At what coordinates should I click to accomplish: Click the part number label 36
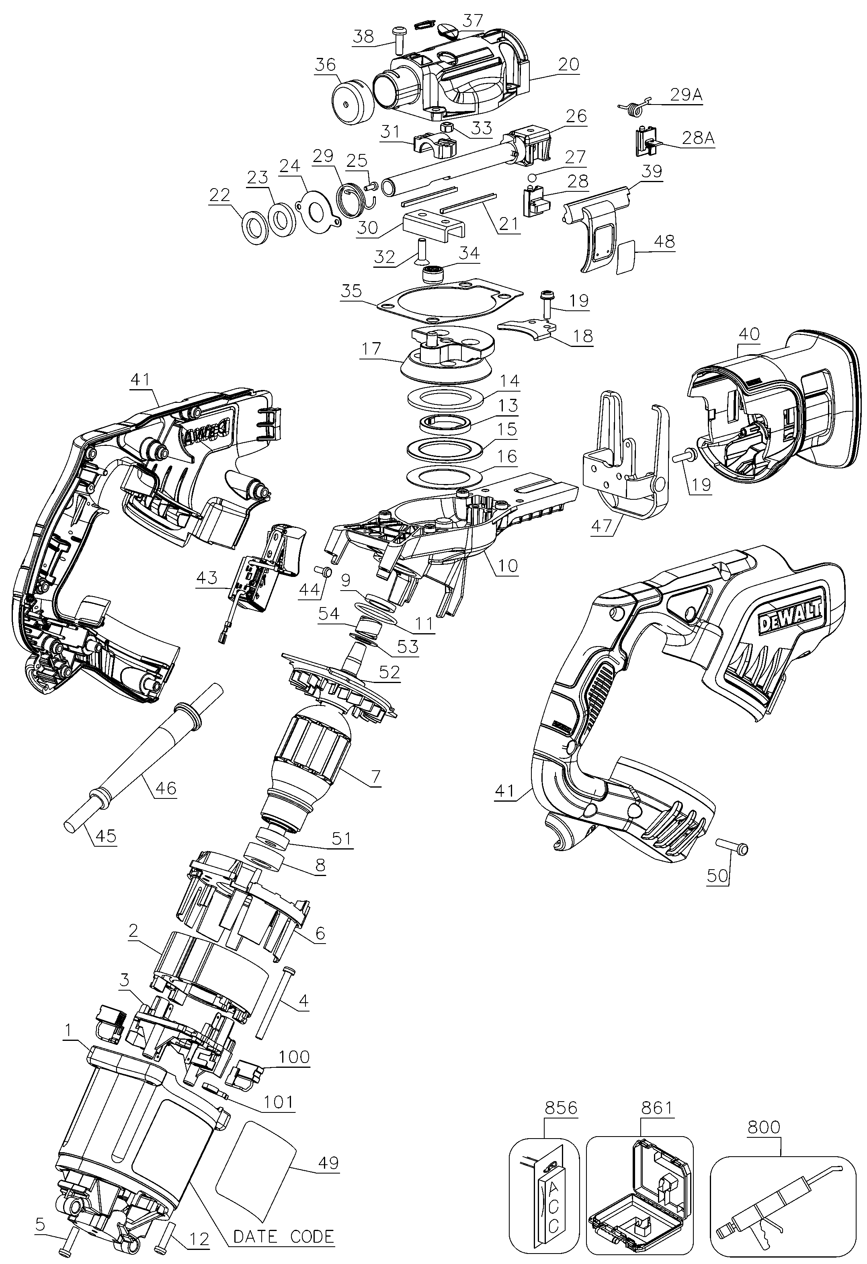click(x=325, y=65)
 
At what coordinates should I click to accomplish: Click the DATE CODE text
click(x=283, y=1236)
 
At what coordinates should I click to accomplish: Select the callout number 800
click(x=763, y=1127)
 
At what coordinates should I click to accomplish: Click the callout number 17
click(x=372, y=348)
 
